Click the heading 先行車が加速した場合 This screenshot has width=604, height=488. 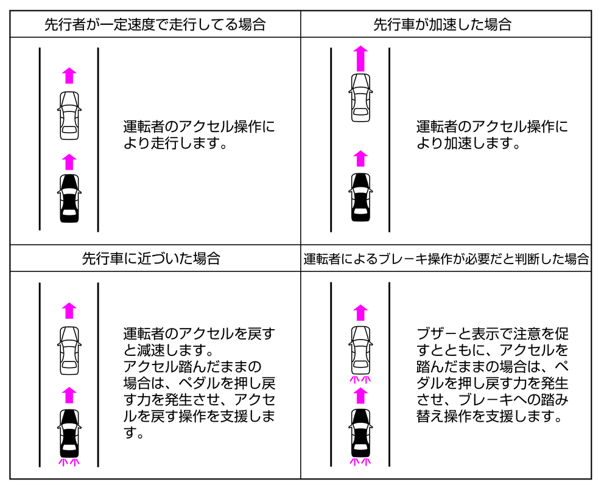coord(442,24)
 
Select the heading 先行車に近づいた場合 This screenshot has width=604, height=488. coord(151,258)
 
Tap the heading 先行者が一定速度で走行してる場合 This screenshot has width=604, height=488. coord(155,24)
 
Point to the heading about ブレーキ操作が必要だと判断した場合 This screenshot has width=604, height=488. coord(446,259)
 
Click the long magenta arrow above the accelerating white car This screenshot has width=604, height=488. coord(360,58)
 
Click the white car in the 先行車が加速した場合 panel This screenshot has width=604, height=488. coord(360,98)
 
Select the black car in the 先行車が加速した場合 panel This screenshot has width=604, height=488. coord(360,197)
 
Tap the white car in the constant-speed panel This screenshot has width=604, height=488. coord(69,116)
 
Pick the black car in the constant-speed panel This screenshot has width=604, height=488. coord(69,198)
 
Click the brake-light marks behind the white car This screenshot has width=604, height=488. coord(360,380)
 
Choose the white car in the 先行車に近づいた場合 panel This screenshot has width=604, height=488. coord(69,350)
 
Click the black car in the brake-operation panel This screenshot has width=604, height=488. coord(360,433)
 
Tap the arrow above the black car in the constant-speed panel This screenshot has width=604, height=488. coord(69,162)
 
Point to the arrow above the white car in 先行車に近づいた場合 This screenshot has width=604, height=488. coord(69,311)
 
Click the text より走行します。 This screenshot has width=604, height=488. coord(175,143)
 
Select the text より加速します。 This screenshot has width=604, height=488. coord(468,143)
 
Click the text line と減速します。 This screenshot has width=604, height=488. coord(169,350)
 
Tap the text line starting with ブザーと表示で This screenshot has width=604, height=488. coord(493,333)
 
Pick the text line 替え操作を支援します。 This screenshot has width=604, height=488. coord(489,416)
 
